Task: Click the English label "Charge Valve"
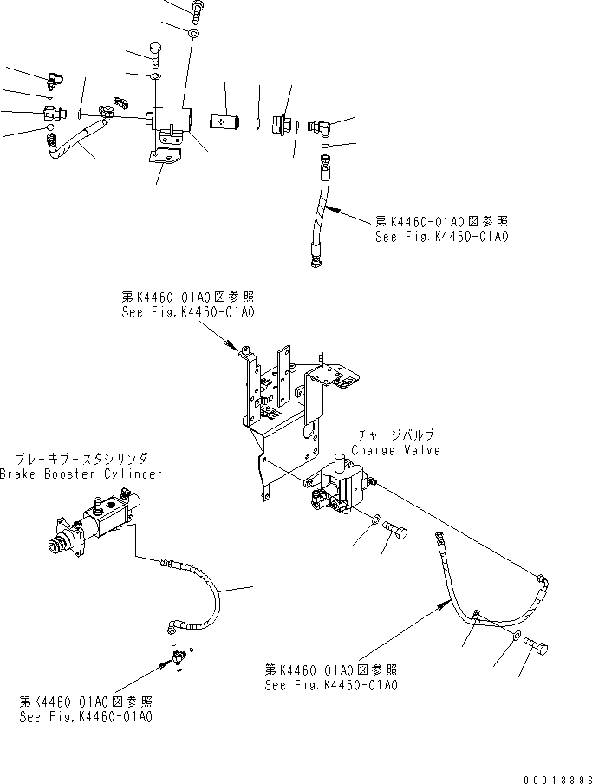(x=395, y=450)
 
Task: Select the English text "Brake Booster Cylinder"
(x=81, y=474)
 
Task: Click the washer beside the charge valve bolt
(x=374, y=520)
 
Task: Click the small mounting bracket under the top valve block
(x=166, y=158)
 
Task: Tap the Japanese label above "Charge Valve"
(x=395, y=435)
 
